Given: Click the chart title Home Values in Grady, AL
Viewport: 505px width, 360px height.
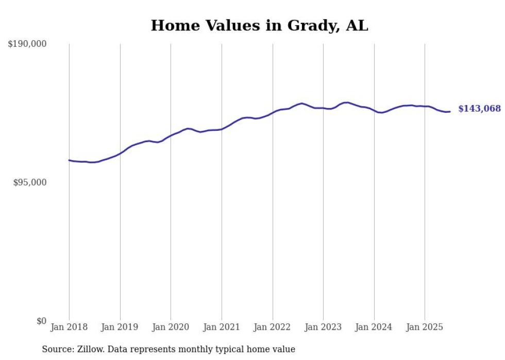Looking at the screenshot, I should coord(259,25).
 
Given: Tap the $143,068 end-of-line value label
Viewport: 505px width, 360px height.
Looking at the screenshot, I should coord(479,109).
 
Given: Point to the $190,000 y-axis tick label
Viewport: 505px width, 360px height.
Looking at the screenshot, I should coord(27,44).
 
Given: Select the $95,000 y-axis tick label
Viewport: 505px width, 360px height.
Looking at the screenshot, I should coord(29,182).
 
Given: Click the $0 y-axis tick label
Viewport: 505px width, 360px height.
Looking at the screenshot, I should coord(41,321).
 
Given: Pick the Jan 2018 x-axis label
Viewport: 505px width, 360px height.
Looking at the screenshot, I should coord(69,327).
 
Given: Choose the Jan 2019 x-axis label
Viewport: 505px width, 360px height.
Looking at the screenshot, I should coord(120,327).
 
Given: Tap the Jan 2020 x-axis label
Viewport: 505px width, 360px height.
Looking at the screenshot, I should coord(171,327).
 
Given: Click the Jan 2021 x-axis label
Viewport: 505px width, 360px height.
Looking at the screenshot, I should coord(222,327).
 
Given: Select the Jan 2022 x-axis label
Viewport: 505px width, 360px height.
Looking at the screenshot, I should coord(273,327).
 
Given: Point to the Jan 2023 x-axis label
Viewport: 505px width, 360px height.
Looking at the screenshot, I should coord(323,327).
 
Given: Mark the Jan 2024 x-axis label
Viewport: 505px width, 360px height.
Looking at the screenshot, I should coord(374,327).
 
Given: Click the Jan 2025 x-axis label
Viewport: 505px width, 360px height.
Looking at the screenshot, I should coord(425,327).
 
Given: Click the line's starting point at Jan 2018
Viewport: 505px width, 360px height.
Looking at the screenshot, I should coord(69,160).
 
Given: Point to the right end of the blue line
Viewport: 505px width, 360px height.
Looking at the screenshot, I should coord(450,111).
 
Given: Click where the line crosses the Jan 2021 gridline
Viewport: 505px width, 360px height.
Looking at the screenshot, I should coord(222,129).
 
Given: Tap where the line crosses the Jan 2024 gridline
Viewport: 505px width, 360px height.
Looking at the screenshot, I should coord(374,111).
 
